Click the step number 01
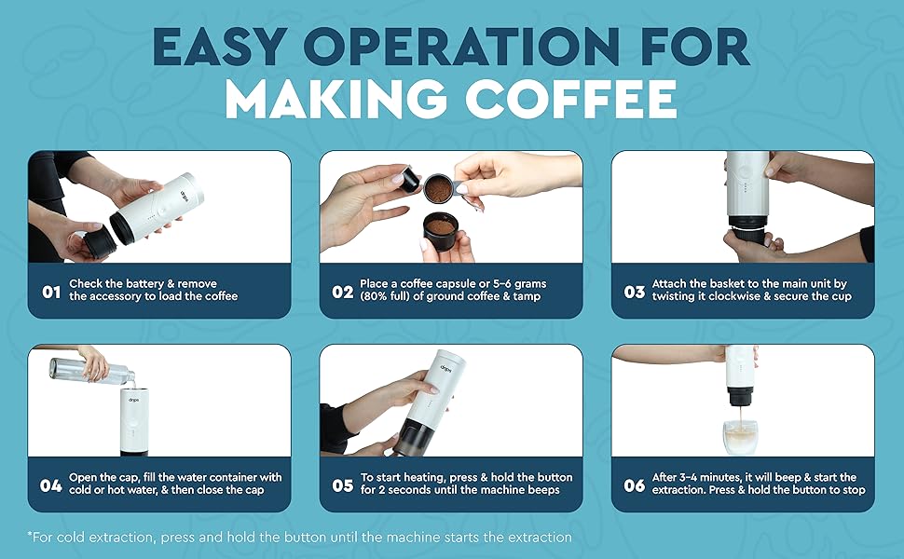[x=51, y=292]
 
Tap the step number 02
[x=343, y=292]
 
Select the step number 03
[x=635, y=292]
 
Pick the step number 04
[x=51, y=485]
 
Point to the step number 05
[x=343, y=485]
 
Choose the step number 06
[x=635, y=485]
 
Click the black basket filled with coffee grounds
[x=440, y=233]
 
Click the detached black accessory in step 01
[x=100, y=244]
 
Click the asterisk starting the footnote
[x=31, y=538]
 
